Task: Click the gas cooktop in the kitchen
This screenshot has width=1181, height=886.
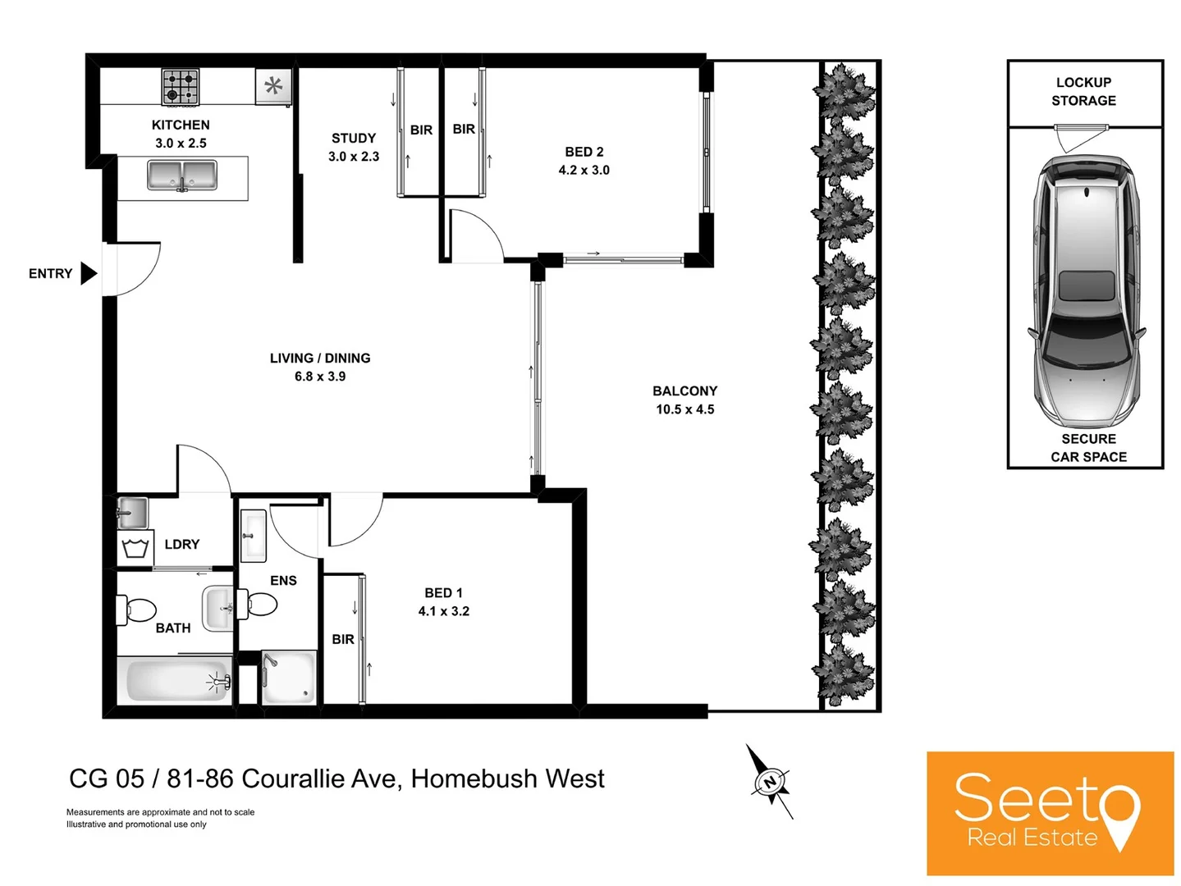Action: [x=181, y=86]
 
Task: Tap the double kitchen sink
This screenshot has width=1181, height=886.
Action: [x=182, y=176]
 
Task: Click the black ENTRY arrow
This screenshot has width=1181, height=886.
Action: [x=89, y=273]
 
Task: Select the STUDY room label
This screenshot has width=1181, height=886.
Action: [x=354, y=138]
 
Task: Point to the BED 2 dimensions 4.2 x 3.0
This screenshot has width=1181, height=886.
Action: [x=584, y=170]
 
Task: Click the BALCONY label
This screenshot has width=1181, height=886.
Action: [x=684, y=390]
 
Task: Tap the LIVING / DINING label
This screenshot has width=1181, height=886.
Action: [x=320, y=358]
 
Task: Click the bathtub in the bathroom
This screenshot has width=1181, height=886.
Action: [x=176, y=681]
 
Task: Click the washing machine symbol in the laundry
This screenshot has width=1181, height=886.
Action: [x=135, y=548]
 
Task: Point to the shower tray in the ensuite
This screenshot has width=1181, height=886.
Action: [x=288, y=677]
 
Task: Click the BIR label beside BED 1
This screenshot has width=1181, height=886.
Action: [x=343, y=639]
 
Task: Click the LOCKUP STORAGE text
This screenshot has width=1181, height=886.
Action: [x=1083, y=91]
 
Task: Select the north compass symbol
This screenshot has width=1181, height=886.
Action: [x=771, y=782]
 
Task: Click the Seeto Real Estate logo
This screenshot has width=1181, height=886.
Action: [x=1050, y=813]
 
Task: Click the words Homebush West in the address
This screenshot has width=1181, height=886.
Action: [x=507, y=778]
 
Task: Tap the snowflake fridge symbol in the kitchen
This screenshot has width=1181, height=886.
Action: [x=273, y=85]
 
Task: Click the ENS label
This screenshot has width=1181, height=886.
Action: [x=283, y=580]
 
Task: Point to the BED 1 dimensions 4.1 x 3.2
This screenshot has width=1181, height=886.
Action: [x=443, y=611]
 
